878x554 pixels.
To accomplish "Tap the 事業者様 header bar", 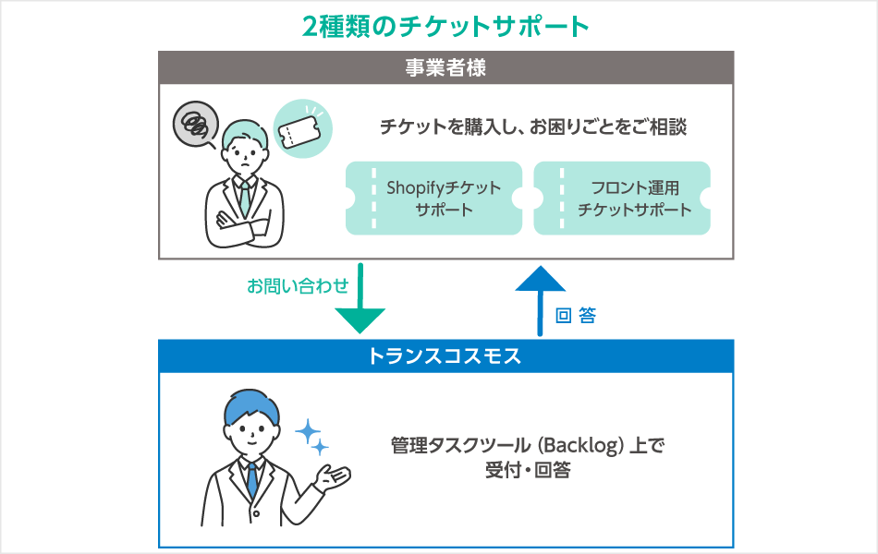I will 445,67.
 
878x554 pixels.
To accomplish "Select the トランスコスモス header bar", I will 445,355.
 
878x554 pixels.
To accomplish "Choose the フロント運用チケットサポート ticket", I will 622,199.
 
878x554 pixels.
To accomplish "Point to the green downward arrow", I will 359,306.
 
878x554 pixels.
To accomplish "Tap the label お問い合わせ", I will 297,286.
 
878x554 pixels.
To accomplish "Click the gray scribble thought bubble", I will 195,124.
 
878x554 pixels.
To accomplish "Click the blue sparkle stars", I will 311,437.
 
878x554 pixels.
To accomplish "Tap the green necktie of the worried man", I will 244,193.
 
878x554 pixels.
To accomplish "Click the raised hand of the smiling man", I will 335,476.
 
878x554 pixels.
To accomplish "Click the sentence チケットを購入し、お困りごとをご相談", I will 533,127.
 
